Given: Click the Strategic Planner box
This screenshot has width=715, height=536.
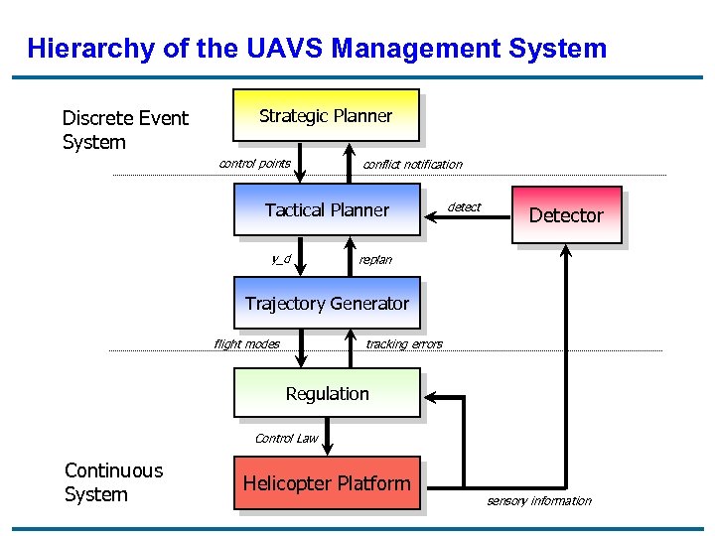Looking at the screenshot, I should (326, 115).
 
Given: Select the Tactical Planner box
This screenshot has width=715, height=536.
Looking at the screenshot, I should (327, 209).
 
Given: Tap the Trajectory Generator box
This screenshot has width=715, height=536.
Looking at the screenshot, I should (327, 303).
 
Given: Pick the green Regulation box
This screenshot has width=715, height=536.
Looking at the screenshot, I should (327, 393).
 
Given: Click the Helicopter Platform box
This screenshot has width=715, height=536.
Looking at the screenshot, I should (327, 483).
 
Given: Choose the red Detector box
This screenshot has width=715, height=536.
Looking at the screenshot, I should (566, 214).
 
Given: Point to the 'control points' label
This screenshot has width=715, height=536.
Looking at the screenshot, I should (254, 163).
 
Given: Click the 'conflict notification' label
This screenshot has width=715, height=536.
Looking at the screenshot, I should (412, 164).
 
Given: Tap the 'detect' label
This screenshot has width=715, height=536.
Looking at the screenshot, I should (464, 206).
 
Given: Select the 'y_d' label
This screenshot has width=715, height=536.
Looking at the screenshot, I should (281, 258).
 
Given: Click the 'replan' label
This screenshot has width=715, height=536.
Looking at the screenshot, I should (375, 259).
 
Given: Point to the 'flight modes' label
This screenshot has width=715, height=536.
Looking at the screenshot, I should (246, 343).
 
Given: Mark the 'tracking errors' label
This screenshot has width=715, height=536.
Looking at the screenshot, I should (404, 343).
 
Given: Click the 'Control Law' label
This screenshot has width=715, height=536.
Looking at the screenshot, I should (286, 438).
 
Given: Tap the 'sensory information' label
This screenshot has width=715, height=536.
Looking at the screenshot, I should (538, 500).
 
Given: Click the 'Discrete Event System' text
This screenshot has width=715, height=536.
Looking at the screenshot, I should (125, 130).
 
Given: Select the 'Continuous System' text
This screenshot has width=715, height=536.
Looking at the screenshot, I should (113, 482).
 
